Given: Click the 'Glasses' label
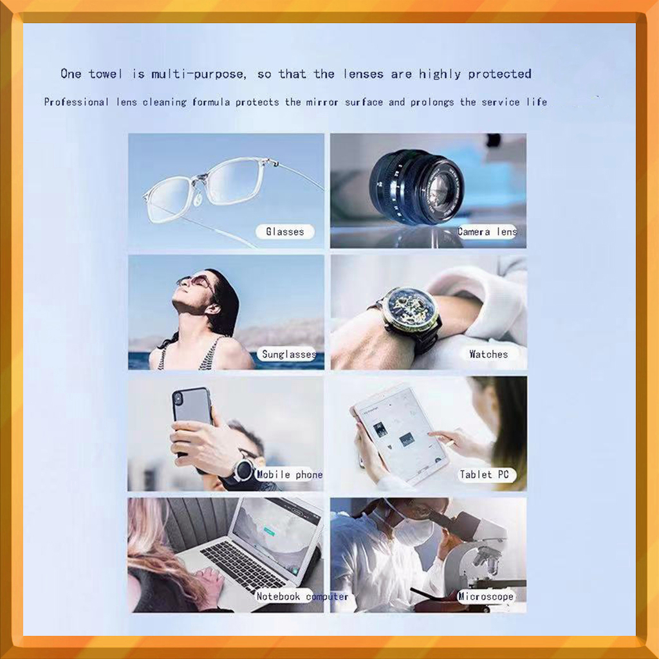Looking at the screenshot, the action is (x=285, y=232).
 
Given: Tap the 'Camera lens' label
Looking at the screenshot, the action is (x=487, y=232).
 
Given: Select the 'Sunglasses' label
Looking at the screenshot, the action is (x=288, y=355).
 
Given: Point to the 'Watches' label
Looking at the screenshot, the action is (x=488, y=355).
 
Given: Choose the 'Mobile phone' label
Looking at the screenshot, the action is (x=290, y=474).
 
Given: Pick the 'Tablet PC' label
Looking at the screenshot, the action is (x=484, y=474).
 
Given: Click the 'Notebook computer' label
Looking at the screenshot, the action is (x=302, y=597).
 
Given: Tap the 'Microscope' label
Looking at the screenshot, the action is (x=486, y=597).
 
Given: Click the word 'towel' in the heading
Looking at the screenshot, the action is (x=105, y=74).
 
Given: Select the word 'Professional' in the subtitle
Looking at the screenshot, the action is (x=77, y=102).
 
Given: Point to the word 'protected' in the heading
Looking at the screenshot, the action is (x=499, y=75).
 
